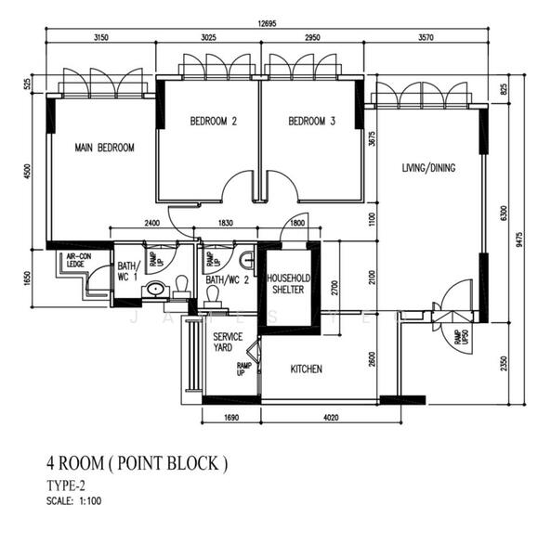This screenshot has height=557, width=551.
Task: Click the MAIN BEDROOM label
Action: tap(104, 148)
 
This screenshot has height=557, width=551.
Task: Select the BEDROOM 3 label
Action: tap(312, 121)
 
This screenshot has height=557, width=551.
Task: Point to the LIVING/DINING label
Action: tap(428, 168)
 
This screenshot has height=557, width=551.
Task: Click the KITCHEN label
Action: tap(306, 369)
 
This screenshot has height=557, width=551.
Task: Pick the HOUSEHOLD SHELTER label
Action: tap(288, 284)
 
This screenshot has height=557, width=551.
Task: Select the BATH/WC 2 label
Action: tap(227, 279)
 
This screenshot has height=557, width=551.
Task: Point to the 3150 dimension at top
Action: tap(102, 38)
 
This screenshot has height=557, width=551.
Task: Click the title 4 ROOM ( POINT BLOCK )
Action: tap(136, 462)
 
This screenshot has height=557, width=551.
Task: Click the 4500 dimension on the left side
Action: tap(28, 172)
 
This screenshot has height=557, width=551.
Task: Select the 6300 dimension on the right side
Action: tap(503, 214)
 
